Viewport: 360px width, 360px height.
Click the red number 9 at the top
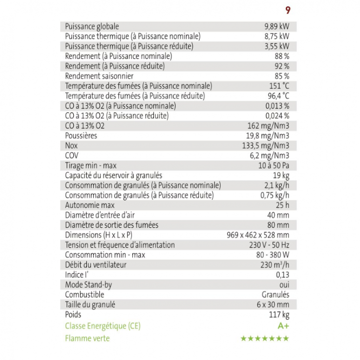click(x=288, y=10)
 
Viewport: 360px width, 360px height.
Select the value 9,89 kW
click(x=277, y=26)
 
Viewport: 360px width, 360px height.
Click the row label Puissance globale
click(x=92, y=26)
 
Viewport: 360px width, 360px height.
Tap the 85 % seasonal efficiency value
click(x=282, y=76)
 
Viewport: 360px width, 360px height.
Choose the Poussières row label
click(x=81, y=136)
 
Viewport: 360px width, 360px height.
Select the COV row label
click(x=71, y=155)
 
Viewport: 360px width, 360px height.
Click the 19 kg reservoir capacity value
click(x=281, y=175)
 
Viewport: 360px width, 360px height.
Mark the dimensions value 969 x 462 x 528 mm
click(x=258, y=235)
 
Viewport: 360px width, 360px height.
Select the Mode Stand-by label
click(x=88, y=285)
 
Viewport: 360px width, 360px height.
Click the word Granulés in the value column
click(x=276, y=294)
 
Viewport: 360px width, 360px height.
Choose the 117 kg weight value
click(x=279, y=315)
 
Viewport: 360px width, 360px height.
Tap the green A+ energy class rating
click(x=283, y=326)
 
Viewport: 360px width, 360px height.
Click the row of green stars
click(x=265, y=338)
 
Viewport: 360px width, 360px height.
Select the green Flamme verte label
click(x=87, y=338)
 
